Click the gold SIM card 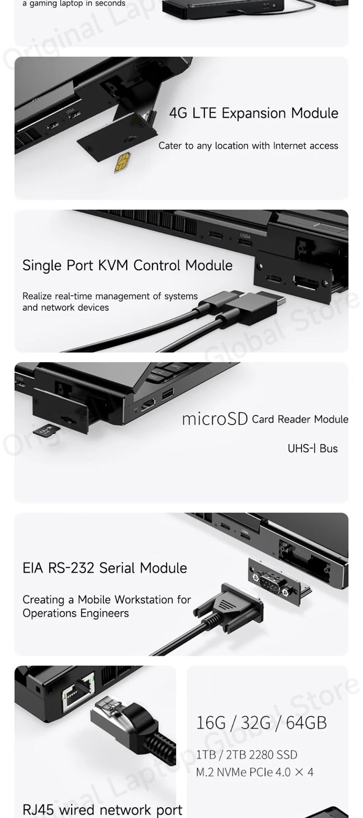(122, 163)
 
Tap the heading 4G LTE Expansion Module (254, 113)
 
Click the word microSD (215, 419)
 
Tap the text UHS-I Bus (313, 449)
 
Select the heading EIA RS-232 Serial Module (105, 568)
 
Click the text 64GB (306, 723)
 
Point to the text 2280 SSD (273, 754)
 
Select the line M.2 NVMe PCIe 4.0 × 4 (255, 772)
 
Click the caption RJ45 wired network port (102, 810)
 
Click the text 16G (211, 723)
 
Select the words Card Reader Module (300, 419)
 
